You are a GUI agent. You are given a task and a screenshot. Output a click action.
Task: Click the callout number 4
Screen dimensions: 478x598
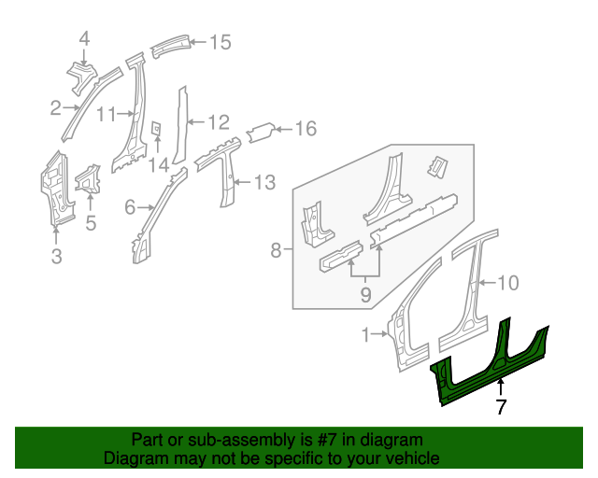coord(84,38)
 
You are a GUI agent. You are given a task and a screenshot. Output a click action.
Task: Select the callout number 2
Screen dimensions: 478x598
coord(56,109)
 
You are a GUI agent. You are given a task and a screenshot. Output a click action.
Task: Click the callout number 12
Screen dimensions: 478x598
coord(218,121)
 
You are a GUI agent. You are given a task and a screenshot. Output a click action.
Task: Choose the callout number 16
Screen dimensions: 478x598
coord(306,129)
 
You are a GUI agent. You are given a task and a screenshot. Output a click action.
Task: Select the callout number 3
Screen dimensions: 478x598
coord(56,256)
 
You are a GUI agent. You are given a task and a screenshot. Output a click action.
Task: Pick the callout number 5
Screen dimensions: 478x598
coord(91,222)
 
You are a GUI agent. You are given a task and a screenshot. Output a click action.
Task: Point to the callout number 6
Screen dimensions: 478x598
coord(130,206)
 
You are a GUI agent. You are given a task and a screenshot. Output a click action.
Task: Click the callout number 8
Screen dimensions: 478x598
coord(276,250)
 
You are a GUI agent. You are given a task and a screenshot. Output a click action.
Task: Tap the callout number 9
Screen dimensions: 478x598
coord(365,295)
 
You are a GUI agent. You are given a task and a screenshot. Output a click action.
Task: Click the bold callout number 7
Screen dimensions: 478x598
coord(501,406)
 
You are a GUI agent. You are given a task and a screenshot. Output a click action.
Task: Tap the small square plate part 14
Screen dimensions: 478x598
coord(156,129)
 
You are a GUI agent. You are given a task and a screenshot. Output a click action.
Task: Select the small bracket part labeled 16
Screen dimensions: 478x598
coord(261,133)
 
